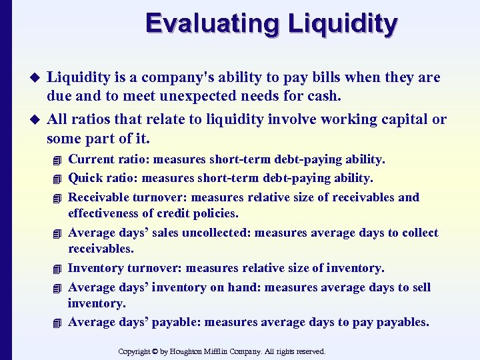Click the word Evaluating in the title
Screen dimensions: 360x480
point(213,24)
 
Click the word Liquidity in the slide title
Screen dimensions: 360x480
point(343,24)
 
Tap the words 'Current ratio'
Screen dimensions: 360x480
point(102,159)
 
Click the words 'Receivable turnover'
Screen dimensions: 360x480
point(123,197)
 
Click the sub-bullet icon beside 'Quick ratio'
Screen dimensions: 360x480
point(59,179)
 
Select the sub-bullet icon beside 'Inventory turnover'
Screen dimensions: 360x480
point(59,269)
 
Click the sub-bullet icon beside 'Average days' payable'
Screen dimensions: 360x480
point(59,323)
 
